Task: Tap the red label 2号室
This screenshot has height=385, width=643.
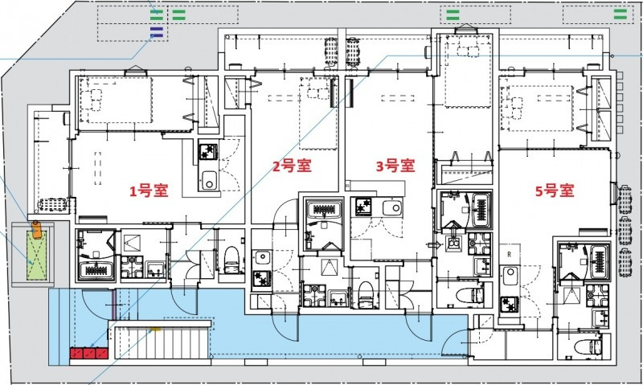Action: (x=290, y=166)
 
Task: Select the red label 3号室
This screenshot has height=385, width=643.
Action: (x=395, y=166)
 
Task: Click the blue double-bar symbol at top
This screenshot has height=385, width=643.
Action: (x=157, y=31)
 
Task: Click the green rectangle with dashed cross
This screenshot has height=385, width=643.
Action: (x=36, y=257)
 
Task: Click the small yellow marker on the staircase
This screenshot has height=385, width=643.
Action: (x=158, y=329)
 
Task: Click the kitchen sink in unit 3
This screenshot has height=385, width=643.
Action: (x=391, y=208)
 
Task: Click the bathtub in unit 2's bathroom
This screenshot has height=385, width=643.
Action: (x=323, y=211)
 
